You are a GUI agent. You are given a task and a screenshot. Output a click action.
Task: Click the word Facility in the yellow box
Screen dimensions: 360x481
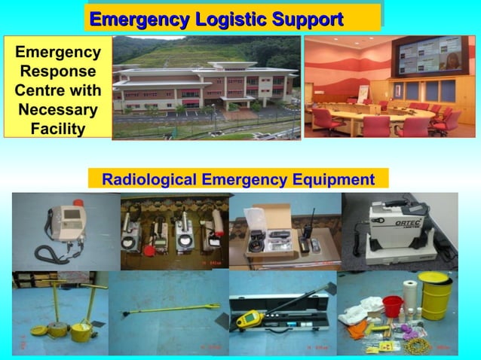coord(57,129)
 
